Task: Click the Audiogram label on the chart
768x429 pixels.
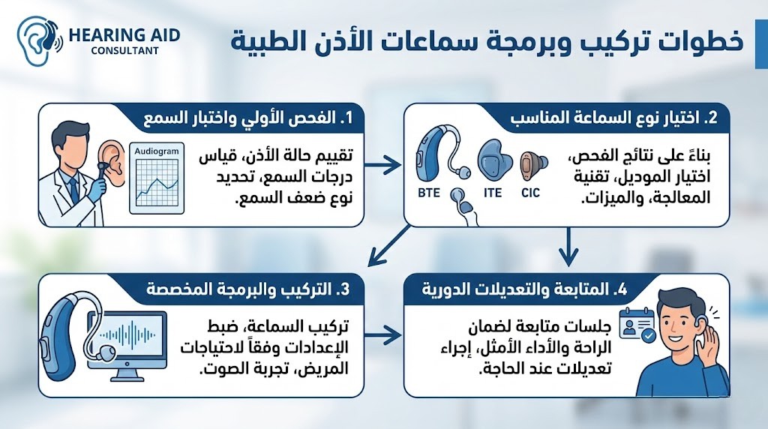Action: [x=157, y=151]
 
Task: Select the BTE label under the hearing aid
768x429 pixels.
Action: [x=430, y=192]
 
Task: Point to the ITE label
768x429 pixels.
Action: [x=491, y=192]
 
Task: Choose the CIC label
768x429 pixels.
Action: [x=531, y=192]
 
